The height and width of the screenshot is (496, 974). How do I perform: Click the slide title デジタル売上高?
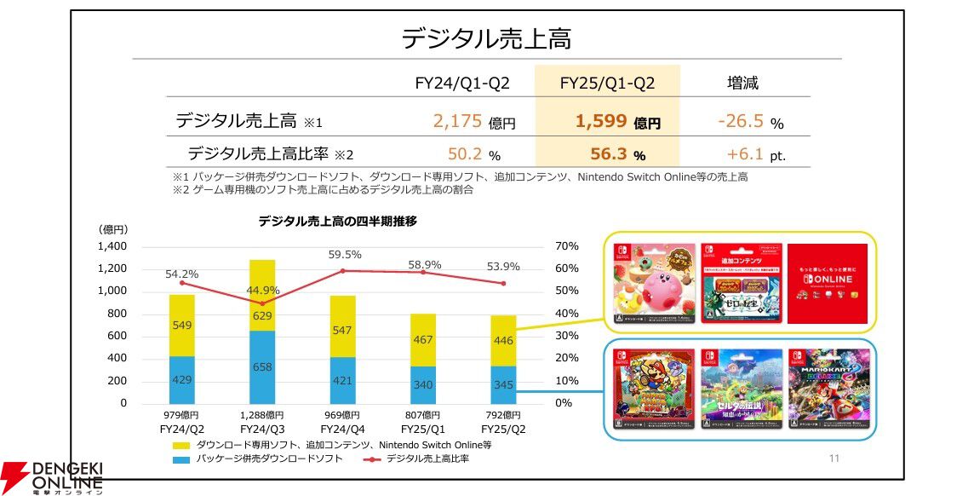click(486, 38)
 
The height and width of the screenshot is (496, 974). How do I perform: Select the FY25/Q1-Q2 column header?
click(607, 83)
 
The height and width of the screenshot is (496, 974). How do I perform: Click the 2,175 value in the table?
click(458, 121)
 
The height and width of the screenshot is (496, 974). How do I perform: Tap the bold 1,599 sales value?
click(603, 121)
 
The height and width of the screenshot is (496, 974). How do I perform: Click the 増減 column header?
click(742, 83)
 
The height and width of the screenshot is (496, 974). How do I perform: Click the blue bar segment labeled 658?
click(262, 366)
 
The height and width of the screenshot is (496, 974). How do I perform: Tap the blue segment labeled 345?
click(503, 384)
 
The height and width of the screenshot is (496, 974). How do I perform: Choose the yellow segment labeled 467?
click(423, 339)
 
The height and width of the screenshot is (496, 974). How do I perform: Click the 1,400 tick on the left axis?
click(112, 246)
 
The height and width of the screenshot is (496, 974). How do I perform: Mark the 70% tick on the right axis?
click(566, 246)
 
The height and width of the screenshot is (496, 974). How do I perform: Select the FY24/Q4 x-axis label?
click(342, 430)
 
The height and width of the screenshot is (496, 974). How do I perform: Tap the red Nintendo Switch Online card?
click(827, 284)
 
